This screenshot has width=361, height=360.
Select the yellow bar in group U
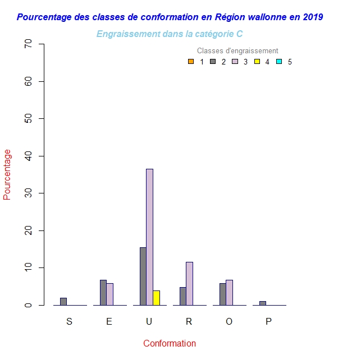coord(156,298)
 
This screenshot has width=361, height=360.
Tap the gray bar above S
coord(63,301)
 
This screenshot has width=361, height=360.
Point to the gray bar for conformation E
coord(103,292)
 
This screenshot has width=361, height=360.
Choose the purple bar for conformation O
coord(229,292)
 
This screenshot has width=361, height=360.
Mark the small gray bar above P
coord(263,303)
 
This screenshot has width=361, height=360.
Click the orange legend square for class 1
coord(191,62)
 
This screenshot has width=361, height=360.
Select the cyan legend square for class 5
coord(278,62)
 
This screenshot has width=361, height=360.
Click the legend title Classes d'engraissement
coord(237,51)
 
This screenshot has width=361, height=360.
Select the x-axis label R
coord(189,321)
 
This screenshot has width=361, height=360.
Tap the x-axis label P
coord(268,321)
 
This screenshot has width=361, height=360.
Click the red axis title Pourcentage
coord(7,174)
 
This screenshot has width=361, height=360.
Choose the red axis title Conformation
coord(170,343)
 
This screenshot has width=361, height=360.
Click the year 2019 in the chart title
coord(312,17)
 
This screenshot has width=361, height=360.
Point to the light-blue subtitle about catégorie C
coord(170,34)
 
